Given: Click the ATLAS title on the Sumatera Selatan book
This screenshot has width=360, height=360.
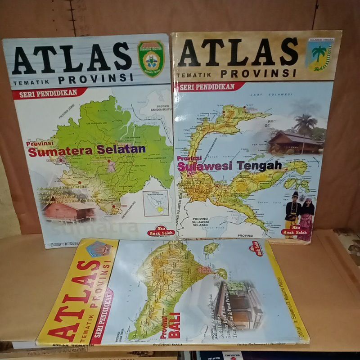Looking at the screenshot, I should click(72, 58).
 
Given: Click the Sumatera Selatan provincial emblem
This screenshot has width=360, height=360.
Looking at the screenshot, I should click(151, 58).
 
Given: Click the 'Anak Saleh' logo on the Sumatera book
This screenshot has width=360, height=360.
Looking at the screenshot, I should click(157, 231).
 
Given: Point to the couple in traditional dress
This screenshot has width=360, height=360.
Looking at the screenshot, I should click(299, 213).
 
